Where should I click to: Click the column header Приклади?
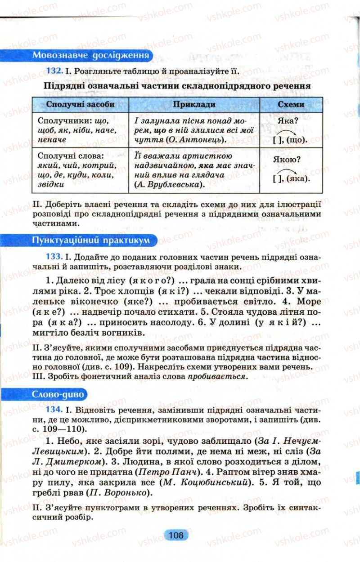194,104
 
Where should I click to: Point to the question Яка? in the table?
289,121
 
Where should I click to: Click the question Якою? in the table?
287,159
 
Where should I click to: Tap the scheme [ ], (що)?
290,140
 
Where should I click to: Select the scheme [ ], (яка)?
292,178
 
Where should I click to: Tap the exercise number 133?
54,257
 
